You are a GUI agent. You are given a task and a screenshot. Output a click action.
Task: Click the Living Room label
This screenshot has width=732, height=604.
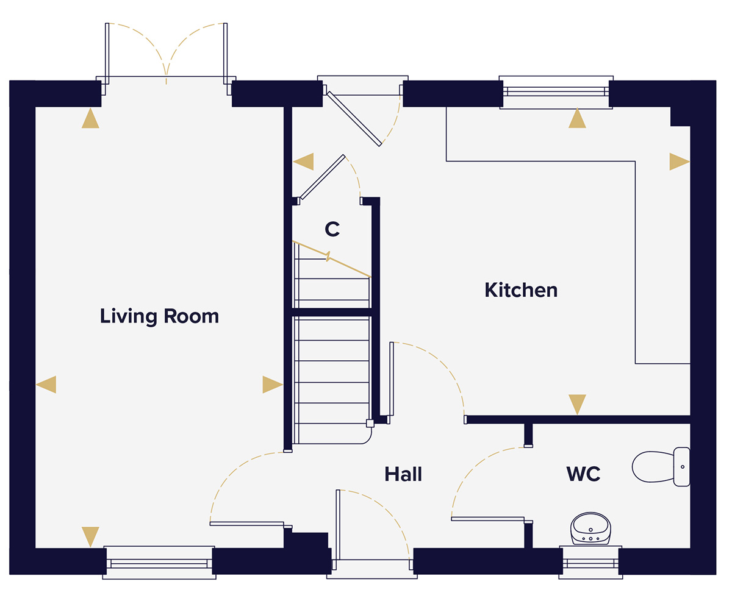point(159,316)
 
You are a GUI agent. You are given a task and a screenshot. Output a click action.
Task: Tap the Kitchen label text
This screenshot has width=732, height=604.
point(521,290)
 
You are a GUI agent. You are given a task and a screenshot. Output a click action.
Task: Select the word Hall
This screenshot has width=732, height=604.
point(403,474)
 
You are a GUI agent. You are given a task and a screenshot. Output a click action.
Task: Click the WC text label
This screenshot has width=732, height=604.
point(583,474)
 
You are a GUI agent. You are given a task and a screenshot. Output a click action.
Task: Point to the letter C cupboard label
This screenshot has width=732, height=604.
point(332,229)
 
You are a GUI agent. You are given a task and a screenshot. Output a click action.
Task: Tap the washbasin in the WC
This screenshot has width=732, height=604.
point(590,528)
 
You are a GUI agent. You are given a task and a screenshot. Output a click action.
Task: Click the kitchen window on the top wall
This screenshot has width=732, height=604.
point(555,91)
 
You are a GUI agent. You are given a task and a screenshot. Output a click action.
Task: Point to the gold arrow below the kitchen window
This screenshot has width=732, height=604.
point(577,119)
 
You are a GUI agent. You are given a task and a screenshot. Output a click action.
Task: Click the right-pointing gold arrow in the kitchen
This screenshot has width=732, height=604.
point(678,162)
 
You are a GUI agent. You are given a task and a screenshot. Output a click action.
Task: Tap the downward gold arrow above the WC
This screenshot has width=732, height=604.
point(577,403)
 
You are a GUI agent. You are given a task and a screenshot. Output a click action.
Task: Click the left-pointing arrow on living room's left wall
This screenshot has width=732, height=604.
point(47,385)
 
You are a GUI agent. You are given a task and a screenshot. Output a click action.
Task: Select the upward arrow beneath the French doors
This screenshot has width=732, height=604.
point(90,119)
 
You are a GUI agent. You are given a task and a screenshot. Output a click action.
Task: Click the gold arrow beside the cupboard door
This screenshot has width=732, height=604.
point(304,162)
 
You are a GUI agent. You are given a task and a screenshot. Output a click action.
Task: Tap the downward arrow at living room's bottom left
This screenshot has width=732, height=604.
point(90,536)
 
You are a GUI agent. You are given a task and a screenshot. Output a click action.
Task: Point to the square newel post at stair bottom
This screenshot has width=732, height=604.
point(370,423)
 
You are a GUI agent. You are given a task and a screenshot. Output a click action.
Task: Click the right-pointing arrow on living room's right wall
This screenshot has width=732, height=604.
point(271,385)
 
